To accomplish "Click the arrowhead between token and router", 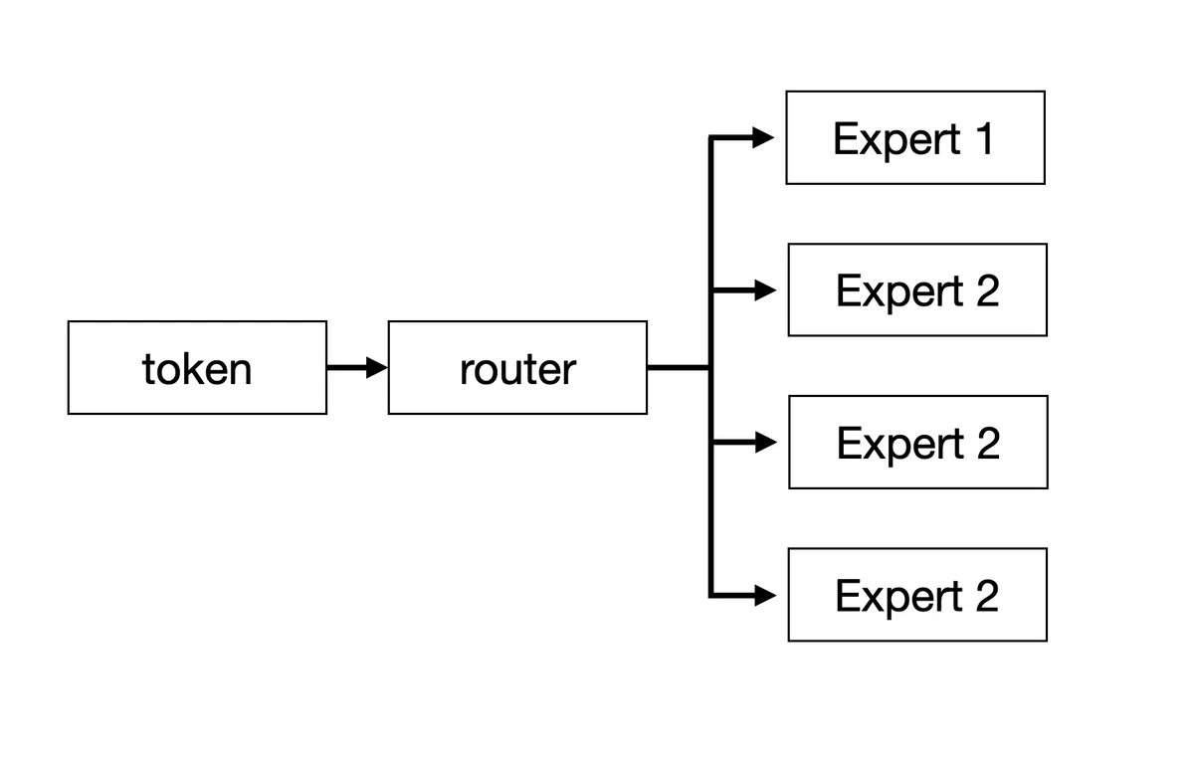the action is (x=377, y=368).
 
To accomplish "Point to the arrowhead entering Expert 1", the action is (x=763, y=137).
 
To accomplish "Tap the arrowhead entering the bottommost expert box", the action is (x=766, y=595).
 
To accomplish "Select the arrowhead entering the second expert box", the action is (x=766, y=290).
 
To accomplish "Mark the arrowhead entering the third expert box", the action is (x=766, y=443).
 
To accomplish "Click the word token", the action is (x=197, y=369).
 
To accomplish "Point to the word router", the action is (x=517, y=370).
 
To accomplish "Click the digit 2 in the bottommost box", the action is (x=987, y=596).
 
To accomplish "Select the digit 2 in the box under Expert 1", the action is (x=988, y=290).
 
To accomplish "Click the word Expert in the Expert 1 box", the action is (x=897, y=139).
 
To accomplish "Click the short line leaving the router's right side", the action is (x=678, y=368).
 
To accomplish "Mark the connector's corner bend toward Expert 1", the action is (x=711, y=137).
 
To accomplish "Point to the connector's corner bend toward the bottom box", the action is (x=711, y=595).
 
